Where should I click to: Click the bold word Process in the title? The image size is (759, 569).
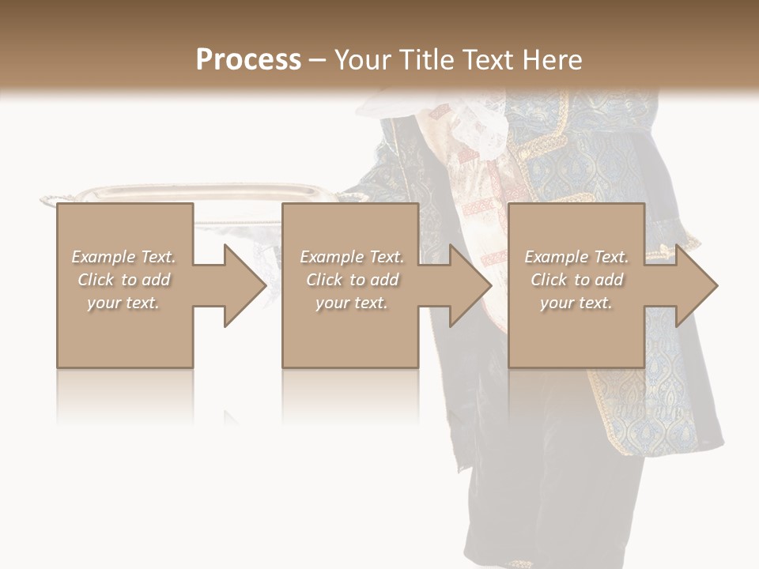248,60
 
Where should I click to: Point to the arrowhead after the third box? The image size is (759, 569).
695,285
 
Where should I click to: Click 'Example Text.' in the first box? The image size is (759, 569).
124,257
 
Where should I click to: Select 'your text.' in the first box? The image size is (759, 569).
124,303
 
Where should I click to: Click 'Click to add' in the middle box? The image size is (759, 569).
352,280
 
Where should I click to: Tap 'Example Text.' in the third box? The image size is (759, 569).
576,257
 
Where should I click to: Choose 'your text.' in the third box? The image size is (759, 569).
576,303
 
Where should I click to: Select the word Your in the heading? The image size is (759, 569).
361,60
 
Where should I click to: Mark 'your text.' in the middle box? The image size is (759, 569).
352,303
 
